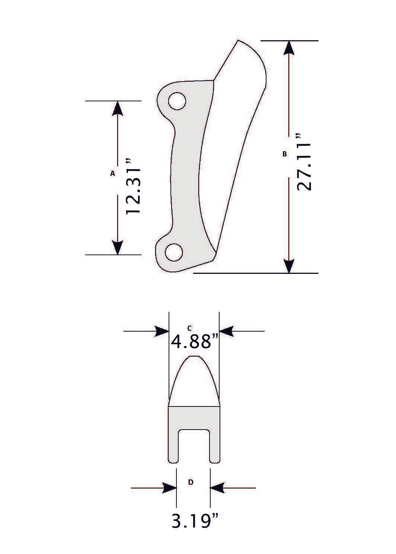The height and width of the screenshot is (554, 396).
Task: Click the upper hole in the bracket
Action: coord(177,101)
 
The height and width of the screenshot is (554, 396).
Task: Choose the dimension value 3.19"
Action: coord(194,521)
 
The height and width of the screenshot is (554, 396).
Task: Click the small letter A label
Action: coord(112,173)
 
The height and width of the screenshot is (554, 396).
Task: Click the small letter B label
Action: coord(285,153)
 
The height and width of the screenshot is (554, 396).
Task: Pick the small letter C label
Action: coord(189,328)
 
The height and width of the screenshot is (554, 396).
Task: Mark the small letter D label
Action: coord(191,482)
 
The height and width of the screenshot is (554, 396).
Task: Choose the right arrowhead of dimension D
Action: coord(218,488)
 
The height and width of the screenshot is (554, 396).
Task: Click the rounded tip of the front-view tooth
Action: coord(194,358)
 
